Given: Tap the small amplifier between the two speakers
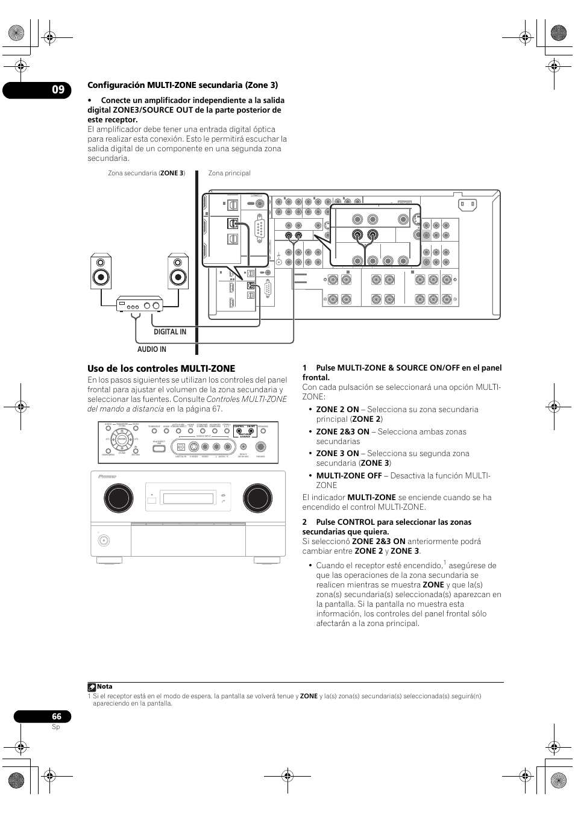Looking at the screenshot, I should (x=140, y=305).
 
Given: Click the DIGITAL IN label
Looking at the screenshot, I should (x=169, y=332).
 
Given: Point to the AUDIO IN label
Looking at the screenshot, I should (x=151, y=349).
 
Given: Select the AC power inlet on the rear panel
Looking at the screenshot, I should (x=468, y=204).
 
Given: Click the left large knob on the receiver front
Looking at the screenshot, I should (x=118, y=498).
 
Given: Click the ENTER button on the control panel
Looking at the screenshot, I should (x=122, y=440).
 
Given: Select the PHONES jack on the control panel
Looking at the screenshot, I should (x=260, y=446).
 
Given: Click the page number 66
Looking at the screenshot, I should (x=56, y=716).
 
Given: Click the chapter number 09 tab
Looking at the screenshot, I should (x=57, y=90).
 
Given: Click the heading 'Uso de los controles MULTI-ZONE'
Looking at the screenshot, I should (x=161, y=369).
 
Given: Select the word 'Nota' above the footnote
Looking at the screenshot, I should (x=105, y=686).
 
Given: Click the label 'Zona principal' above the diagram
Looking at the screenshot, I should (x=229, y=174).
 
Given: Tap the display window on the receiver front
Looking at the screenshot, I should (x=189, y=498).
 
